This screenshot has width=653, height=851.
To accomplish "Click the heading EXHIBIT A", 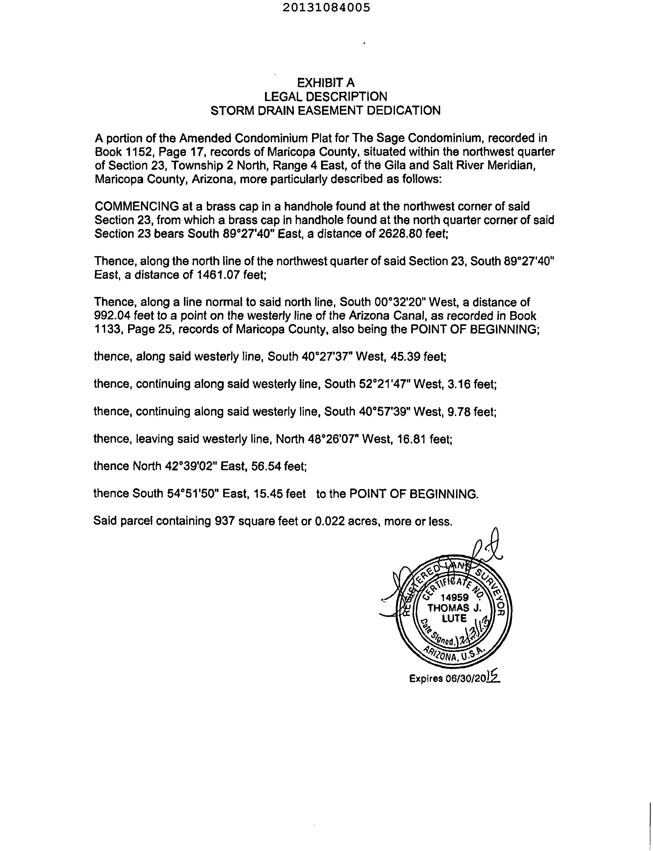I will click(326, 83).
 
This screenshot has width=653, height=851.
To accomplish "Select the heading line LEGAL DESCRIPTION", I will click(326, 96).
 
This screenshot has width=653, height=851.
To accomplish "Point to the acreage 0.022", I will click(330, 521).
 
